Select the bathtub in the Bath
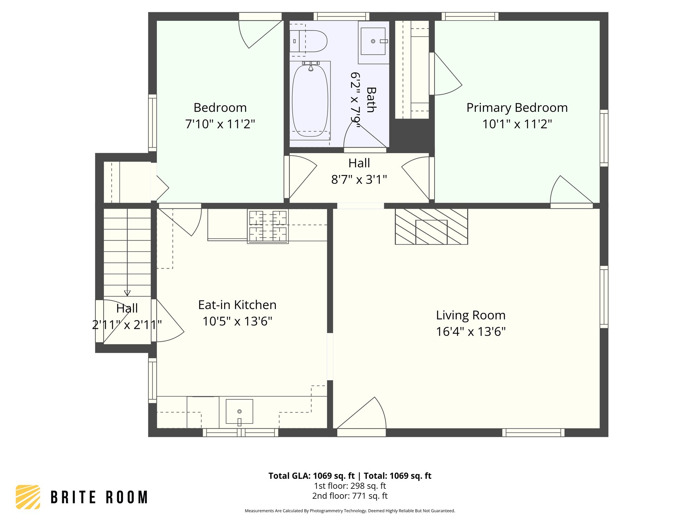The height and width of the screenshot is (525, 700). pyautogui.click(x=310, y=101)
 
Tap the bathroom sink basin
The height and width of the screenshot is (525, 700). pyautogui.click(x=373, y=41)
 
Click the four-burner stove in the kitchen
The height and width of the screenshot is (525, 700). pyautogui.click(x=268, y=226)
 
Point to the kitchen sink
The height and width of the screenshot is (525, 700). pyautogui.click(x=239, y=411)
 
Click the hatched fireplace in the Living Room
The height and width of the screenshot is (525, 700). pyautogui.click(x=431, y=226)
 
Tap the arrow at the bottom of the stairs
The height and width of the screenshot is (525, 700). pyautogui.click(x=127, y=293)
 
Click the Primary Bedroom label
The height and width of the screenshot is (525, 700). pyautogui.click(x=517, y=108)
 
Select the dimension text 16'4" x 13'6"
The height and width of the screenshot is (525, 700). pyautogui.click(x=471, y=332)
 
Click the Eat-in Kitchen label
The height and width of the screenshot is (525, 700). pyautogui.click(x=237, y=305)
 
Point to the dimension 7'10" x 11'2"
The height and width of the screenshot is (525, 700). pyautogui.click(x=220, y=124)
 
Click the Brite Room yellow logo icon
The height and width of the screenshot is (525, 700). pyautogui.click(x=28, y=497)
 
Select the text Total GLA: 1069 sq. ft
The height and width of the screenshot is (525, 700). pyautogui.click(x=311, y=476)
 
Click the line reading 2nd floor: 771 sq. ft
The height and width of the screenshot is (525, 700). pyautogui.click(x=350, y=496)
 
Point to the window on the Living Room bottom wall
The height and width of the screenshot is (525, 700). pyautogui.click(x=533, y=433)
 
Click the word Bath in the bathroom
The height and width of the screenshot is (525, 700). pyautogui.click(x=371, y=99)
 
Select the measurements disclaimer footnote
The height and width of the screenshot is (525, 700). pyautogui.click(x=350, y=511)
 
